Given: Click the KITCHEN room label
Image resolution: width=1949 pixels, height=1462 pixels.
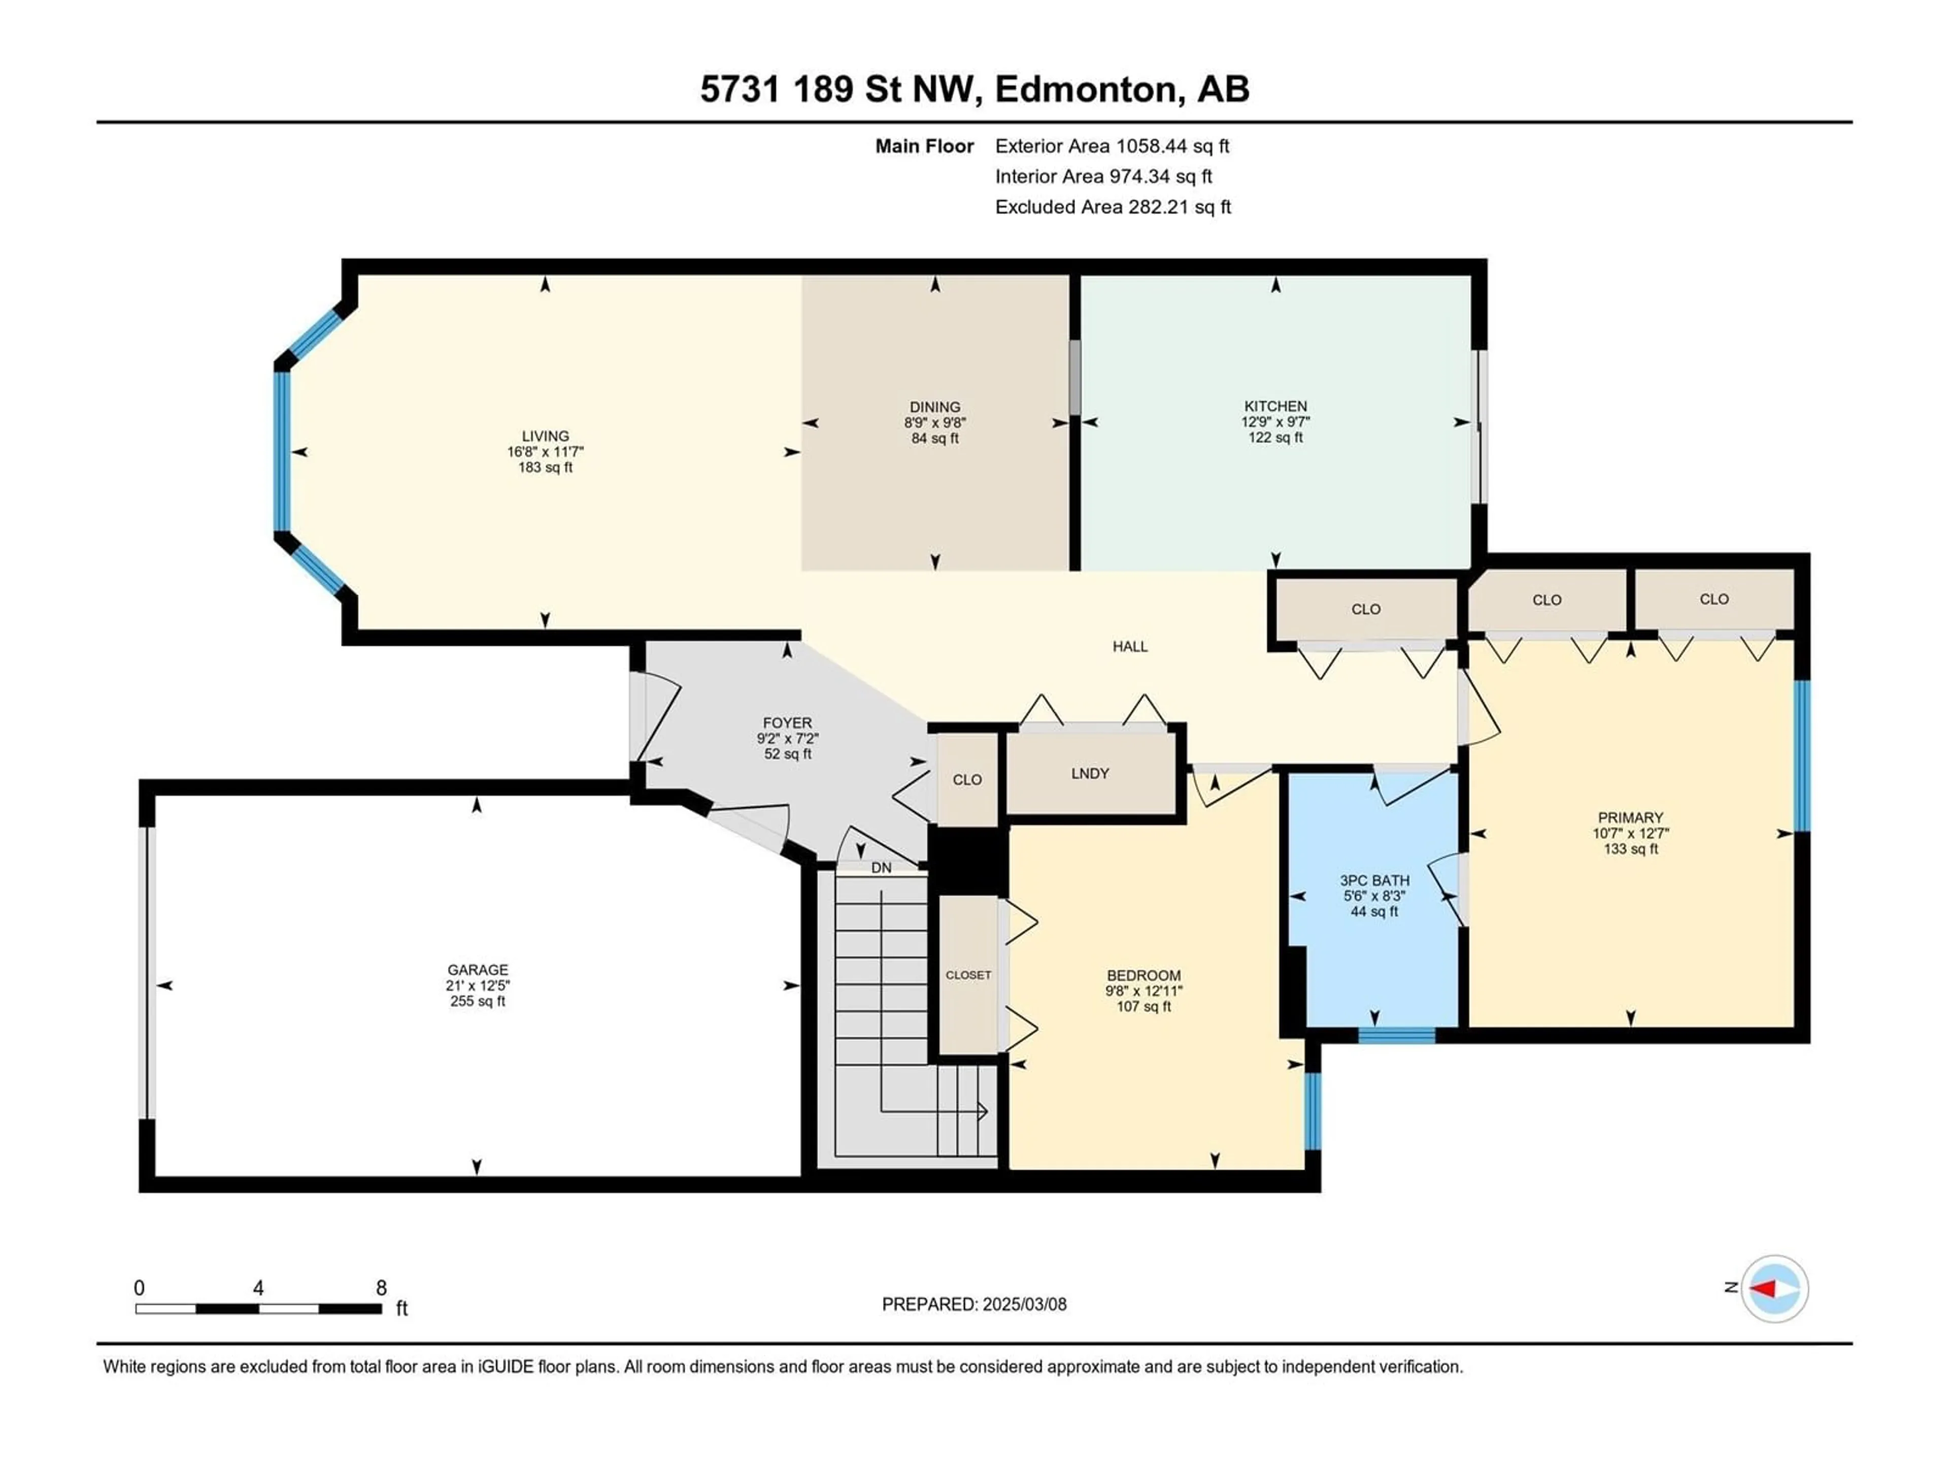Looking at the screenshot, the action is coord(1275,406).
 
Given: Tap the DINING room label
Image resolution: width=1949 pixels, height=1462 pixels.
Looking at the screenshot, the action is coord(935,407).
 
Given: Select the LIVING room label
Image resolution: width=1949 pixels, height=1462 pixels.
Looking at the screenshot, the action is coord(546,436).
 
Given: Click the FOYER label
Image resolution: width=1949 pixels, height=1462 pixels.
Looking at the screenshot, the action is coord(788,723).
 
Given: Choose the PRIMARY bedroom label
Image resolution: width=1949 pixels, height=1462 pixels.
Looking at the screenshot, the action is coord(1630,818).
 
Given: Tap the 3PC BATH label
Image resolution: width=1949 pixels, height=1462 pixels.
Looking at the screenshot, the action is coord(1374,880).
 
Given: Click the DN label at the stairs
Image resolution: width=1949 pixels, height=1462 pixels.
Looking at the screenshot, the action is coord(881,868).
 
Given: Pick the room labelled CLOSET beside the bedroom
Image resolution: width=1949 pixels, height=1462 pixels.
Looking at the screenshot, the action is coord(968,975).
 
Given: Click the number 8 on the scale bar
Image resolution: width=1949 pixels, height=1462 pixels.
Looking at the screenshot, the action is coord(382,1288).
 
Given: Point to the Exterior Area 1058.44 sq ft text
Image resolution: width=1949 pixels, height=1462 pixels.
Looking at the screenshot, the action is coord(1112,146).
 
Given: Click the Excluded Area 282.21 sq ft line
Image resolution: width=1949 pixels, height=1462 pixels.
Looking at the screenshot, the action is coord(1113,207).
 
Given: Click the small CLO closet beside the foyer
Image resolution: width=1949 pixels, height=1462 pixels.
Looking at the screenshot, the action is coord(966,780).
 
